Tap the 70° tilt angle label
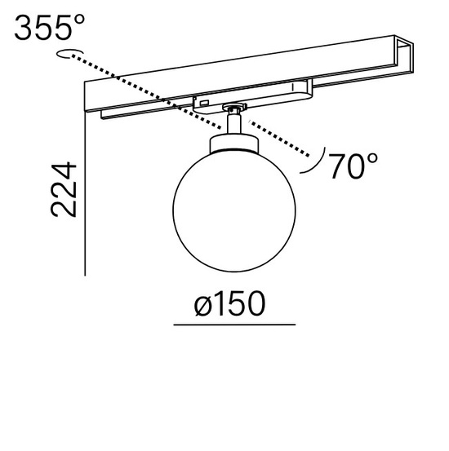click(354, 166)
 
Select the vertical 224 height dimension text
click(64, 189)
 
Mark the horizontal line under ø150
click(234, 325)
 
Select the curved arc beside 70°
click(315, 162)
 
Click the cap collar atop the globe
click(233, 144)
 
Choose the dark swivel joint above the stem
click(236, 107)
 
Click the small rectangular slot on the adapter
click(203, 102)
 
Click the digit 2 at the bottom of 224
click(64, 208)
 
